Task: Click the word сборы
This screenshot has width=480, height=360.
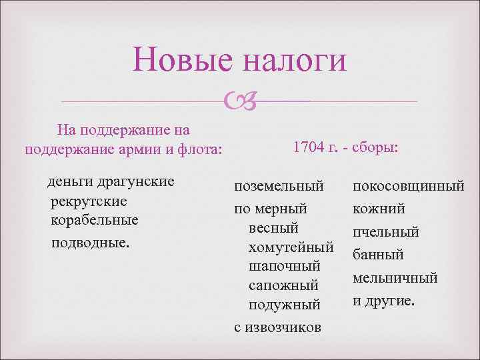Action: [x=376, y=146]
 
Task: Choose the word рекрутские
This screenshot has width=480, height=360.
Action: [x=89, y=201]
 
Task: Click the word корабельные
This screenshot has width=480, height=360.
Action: [x=94, y=220]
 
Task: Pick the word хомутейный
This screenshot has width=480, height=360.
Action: [x=290, y=247]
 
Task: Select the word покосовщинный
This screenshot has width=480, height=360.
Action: [x=408, y=187]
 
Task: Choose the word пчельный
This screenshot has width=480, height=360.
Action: [x=386, y=232]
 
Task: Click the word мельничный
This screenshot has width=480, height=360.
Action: [x=395, y=277]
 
